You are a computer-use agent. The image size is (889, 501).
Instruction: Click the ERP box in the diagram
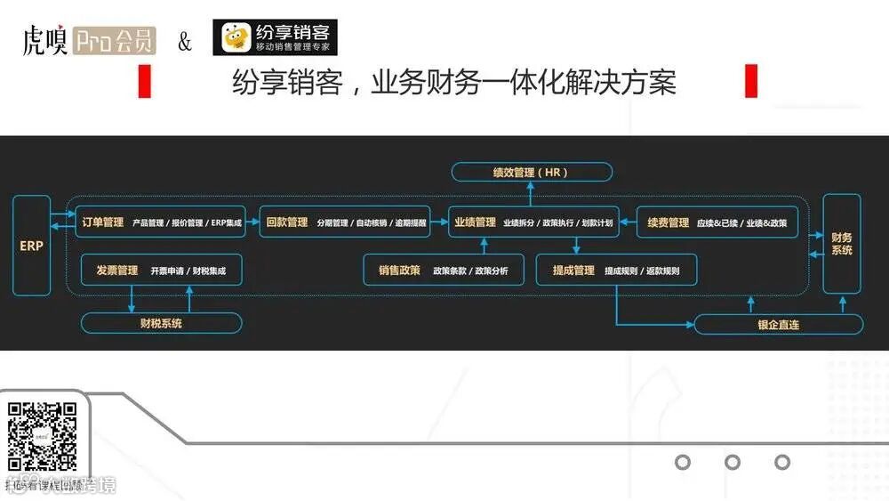pos(32,246)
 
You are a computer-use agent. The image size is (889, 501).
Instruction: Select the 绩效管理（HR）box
pos(531,172)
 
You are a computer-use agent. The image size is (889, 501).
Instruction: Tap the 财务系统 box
pos(841,244)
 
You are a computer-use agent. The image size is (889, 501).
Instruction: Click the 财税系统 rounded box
pos(161,323)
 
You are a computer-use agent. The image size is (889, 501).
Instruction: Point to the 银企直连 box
pos(777,325)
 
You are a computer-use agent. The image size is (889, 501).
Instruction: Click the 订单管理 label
pos(103,222)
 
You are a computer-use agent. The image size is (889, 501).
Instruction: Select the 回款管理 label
pos(286,222)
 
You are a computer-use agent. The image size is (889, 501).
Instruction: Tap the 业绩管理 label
pos(475,222)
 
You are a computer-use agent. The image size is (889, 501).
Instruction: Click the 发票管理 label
pos(116,270)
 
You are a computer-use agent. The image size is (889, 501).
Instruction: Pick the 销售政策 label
pos(399,270)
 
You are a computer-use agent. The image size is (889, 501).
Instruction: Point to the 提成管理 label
pos(573,270)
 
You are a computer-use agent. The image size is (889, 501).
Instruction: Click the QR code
pos(42,436)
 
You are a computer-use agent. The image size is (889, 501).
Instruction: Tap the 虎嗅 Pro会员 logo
pos(89,41)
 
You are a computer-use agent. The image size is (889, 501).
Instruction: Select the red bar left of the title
pos(145,82)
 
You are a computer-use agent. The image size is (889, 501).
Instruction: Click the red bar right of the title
pos(750,82)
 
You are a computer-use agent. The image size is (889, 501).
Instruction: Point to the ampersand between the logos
pos(185,42)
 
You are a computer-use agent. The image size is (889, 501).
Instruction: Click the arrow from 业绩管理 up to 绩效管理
pos(531,192)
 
